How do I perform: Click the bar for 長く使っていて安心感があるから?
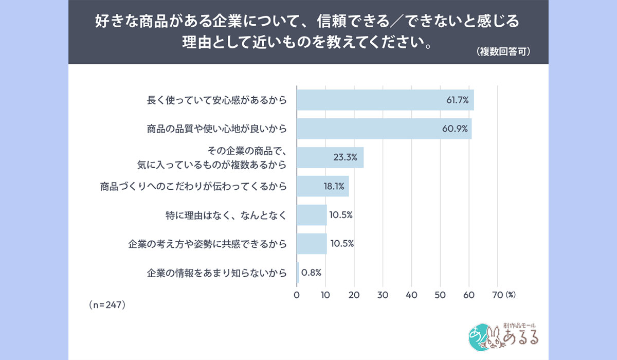(x=385, y=100)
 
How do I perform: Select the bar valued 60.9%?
(x=384, y=129)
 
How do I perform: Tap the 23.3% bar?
(x=330, y=157)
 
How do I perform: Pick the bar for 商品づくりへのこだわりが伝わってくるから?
(x=322, y=186)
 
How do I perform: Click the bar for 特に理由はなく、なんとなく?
(x=312, y=215)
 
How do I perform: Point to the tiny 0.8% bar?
(x=298, y=273)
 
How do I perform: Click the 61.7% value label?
(x=457, y=100)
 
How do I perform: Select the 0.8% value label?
(x=312, y=273)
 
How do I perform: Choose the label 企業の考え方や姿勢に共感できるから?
(x=207, y=244)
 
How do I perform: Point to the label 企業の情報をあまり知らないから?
(x=214, y=273)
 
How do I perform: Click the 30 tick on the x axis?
(x=382, y=295)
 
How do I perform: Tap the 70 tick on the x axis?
(x=497, y=295)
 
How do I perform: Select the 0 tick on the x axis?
(x=297, y=295)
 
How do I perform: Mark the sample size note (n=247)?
(x=107, y=304)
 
